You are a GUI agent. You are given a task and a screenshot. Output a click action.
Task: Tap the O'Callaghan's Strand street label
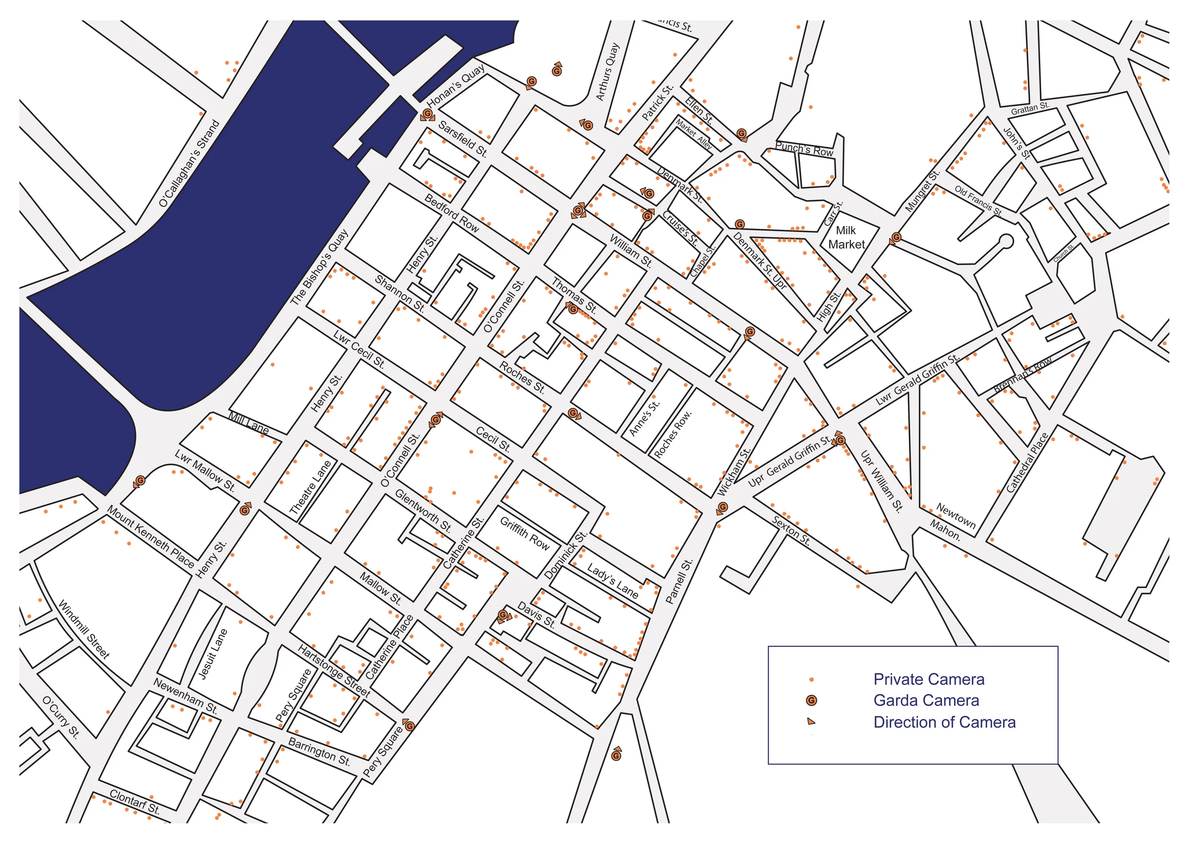[190, 164]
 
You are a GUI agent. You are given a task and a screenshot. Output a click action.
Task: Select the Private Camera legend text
[929, 680]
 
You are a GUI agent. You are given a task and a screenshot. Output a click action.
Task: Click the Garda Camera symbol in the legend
[811, 701]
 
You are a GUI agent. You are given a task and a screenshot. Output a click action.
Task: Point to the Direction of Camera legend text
[944, 723]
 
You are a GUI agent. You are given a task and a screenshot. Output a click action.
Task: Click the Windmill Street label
[84, 629]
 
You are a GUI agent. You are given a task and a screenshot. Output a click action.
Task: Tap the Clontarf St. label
[135, 802]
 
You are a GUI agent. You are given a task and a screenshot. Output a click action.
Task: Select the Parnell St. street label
[679, 582]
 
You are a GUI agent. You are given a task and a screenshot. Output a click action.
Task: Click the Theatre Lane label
[310, 487]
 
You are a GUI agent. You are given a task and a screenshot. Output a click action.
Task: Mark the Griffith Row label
[525, 534]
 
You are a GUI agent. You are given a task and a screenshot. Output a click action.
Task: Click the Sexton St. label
[791, 531]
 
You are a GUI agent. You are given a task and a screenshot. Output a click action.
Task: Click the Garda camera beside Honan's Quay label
[427, 113]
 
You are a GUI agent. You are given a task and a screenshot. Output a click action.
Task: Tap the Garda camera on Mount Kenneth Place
[140, 481]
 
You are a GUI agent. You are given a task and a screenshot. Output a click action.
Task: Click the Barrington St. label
[320, 752]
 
